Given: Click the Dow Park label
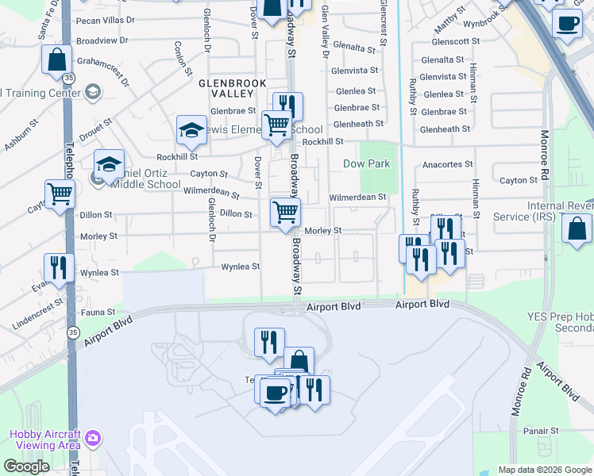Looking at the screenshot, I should click(366, 164).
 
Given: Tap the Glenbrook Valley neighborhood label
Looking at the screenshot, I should click(231, 88).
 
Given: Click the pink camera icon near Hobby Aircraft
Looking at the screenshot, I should click(94, 438).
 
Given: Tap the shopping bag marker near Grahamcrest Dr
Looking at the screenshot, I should click(57, 60).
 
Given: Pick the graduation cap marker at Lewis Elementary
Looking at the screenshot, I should click(191, 130).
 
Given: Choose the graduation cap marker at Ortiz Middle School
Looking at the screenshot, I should click(109, 164).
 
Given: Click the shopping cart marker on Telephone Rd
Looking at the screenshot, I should click(60, 194).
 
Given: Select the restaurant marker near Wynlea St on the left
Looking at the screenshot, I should click(59, 267).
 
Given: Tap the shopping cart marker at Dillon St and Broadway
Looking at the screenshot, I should click(285, 212).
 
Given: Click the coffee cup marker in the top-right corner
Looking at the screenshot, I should click(567, 25).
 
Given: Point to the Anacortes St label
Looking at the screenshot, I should click(448, 164).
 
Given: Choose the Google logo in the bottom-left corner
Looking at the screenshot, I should click(26, 466).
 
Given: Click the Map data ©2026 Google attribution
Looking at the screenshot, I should click(546, 470).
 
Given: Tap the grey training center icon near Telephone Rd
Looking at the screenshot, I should click(93, 92).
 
